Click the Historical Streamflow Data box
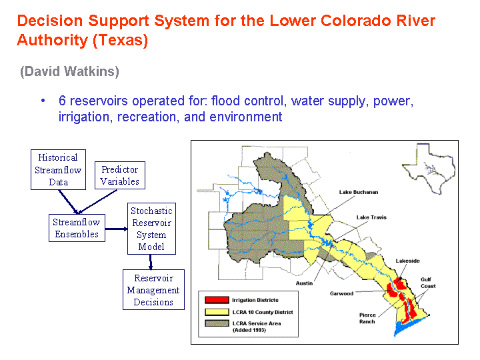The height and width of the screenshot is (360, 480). [x=58, y=169]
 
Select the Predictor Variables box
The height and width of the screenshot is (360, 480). [x=120, y=175]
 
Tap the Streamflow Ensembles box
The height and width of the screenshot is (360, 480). [x=77, y=228]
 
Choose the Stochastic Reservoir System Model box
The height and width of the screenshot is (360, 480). [x=151, y=229]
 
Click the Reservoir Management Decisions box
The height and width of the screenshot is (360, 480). [x=153, y=289]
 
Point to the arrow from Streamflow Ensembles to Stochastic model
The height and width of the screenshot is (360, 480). [x=116, y=229]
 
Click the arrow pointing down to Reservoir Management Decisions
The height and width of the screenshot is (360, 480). [x=151, y=262]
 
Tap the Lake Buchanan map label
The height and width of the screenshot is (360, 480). [x=359, y=192]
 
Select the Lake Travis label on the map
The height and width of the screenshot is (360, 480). [x=371, y=217]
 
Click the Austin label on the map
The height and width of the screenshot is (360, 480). [x=304, y=283]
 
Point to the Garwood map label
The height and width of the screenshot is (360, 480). [x=341, y=293]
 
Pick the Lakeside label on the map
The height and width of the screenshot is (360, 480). [x=407, y=261]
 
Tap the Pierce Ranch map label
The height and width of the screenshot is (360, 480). [x=367, y=318]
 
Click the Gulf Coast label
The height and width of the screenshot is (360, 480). [x=428, y=283]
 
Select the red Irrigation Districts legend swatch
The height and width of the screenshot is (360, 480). [x=217, y=300]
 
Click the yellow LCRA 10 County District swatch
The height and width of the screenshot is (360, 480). [x=217, y=312]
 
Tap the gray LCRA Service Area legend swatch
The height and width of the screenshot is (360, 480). [x=217, y=323]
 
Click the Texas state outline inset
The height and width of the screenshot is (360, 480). [x=429, y=169]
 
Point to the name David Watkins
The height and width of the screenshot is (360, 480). [x=69, y=71]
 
